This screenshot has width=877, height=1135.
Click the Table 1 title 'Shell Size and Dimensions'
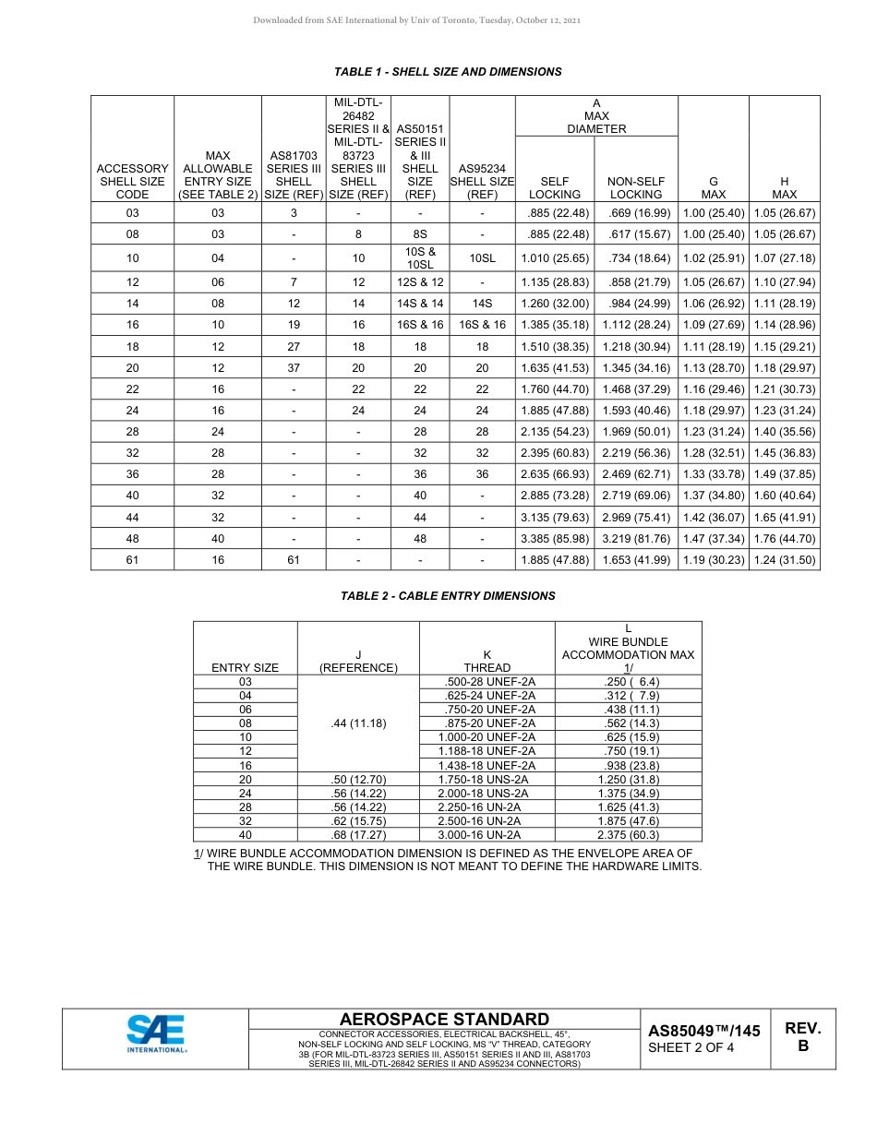click(x=448, y=72)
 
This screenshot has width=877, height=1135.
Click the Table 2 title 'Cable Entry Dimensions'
click(x=448, y=596)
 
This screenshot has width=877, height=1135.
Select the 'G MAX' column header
click(x=713, y=188)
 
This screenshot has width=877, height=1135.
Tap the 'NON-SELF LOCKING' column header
click(x=636, y=188)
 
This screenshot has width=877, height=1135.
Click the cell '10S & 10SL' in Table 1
click(x=420, y=257)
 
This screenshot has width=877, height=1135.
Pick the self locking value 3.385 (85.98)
click(x=555, y=538)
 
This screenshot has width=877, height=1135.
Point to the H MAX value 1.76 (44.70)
click(x=784, y=538)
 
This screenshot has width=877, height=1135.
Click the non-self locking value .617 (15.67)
click(x=636, y=234)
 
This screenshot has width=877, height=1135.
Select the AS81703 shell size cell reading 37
click(x=294, y=368)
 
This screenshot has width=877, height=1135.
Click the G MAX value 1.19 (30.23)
click(x=713, y=560)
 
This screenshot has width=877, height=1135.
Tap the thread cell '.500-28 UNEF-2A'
click(x=487, y=682)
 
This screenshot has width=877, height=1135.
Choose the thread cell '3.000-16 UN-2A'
click(x=487, y=834)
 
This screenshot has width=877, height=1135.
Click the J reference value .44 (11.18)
click(x=358, y=723)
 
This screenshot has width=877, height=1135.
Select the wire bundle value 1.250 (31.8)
click(x=628, y=779)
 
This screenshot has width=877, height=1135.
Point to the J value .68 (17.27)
click(x=358, y=834)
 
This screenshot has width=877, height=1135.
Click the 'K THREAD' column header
click(x=487, y=661)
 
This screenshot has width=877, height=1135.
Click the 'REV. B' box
click(x=802, y=1037)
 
